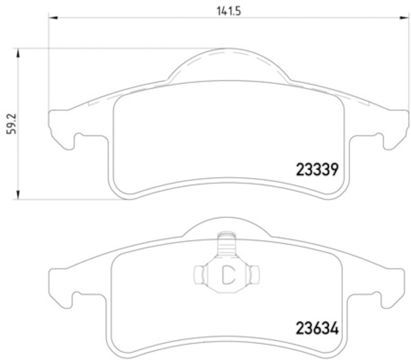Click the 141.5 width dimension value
pos(229,11)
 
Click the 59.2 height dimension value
pos(11,124)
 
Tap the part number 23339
pos(317,170)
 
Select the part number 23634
pos(317,328)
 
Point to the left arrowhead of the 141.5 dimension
pos(53,17)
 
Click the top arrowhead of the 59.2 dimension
pos(18,53)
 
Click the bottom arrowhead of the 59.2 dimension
pos(18,195)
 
